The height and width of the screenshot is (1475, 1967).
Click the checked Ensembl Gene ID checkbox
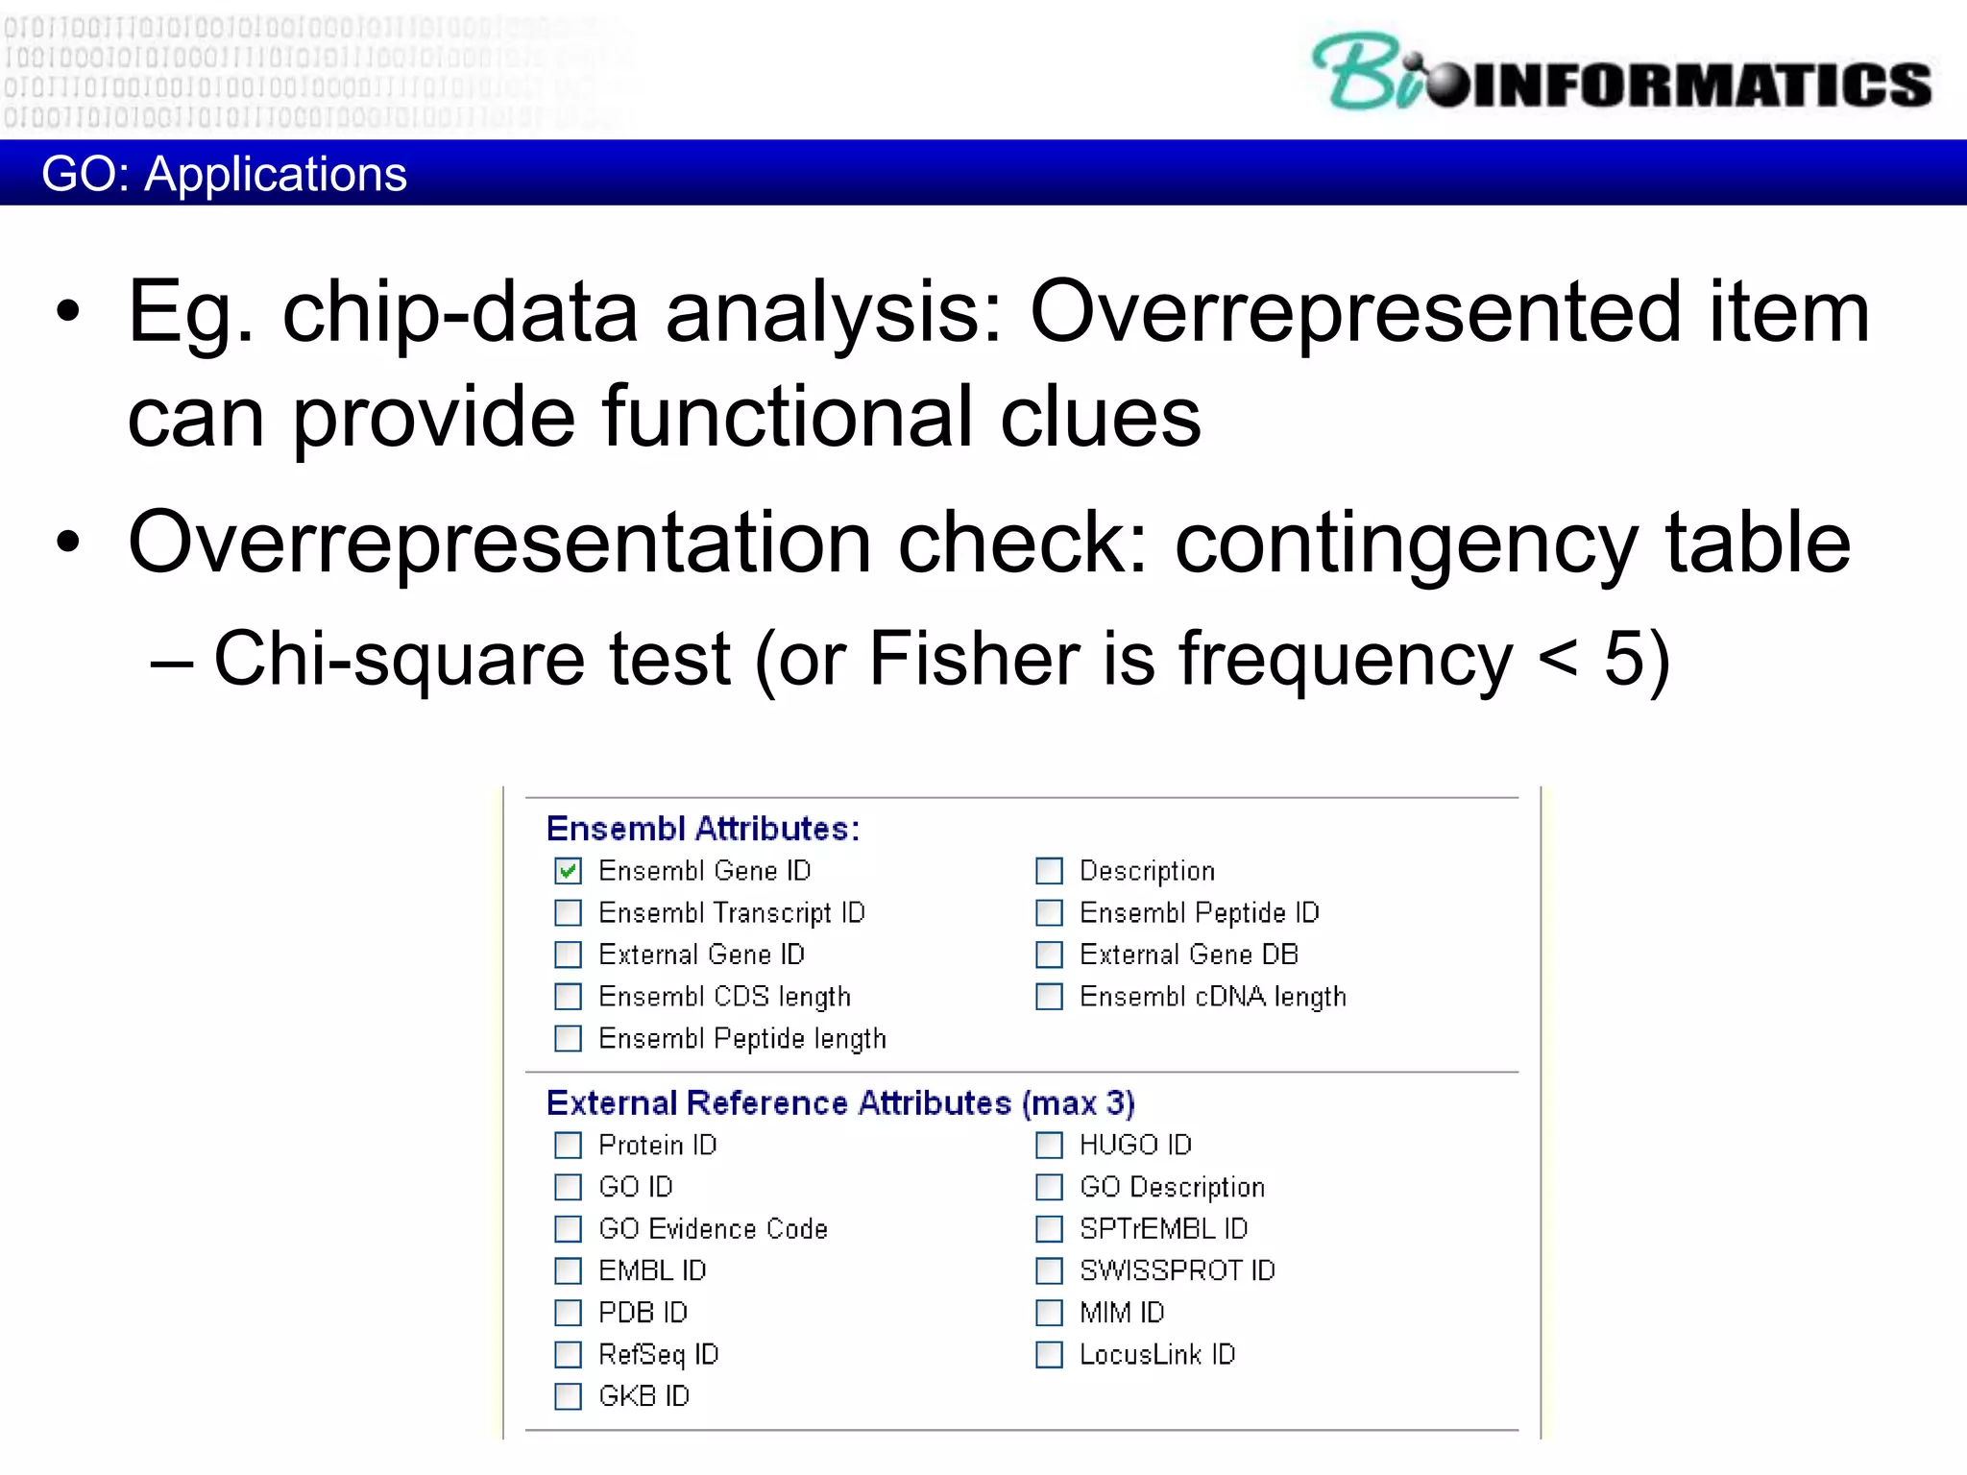(568, 871)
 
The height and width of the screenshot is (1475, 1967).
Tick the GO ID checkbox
(568, 1187)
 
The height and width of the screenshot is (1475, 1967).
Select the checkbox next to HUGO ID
(1049, 1145)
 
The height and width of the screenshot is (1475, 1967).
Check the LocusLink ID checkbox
(1049, 1355)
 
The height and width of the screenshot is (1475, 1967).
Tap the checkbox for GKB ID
(568, 1396)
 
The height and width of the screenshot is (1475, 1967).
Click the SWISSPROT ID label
(1177, 1270)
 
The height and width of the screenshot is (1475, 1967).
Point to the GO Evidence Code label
(713, 1229)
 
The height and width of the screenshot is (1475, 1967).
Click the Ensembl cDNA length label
(1212, 997)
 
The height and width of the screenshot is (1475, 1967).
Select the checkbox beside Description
(1049, 871)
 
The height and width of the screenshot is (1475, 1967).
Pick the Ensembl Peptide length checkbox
(568, 1038)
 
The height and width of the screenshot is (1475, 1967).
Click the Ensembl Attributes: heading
(702, 829)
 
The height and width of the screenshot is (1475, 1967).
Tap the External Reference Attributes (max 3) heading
(840, 1103)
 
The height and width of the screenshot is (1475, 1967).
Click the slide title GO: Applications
(224, 174)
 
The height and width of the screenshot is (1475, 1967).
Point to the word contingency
(1405, 544)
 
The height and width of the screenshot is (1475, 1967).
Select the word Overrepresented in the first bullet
(1354, 312)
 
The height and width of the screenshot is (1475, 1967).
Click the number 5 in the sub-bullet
(1625, 659)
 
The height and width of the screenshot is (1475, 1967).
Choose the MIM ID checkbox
(1049, 1313)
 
